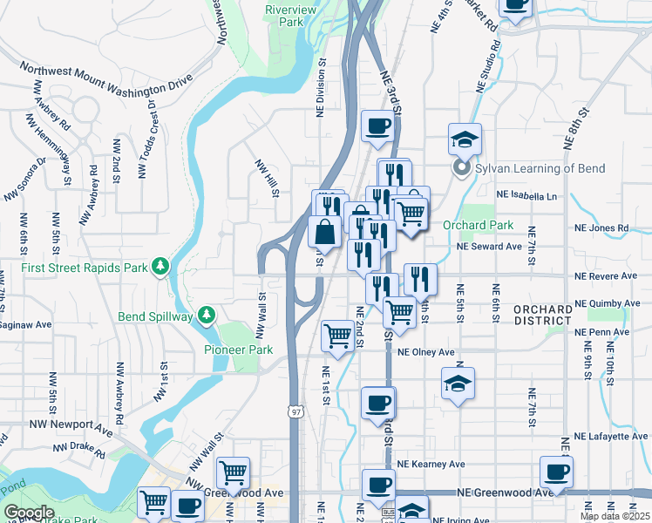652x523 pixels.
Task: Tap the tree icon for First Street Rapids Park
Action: [160, 265]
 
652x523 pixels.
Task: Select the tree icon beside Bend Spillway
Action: [207, 314]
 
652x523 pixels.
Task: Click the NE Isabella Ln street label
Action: [526, 196]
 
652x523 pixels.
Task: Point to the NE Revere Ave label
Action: [605, 276]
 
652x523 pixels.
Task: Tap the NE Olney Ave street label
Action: [426, 353]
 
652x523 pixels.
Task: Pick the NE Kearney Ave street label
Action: [430, 465]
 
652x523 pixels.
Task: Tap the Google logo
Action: [28, 513]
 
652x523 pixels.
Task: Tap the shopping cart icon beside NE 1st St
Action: [337, 336]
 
